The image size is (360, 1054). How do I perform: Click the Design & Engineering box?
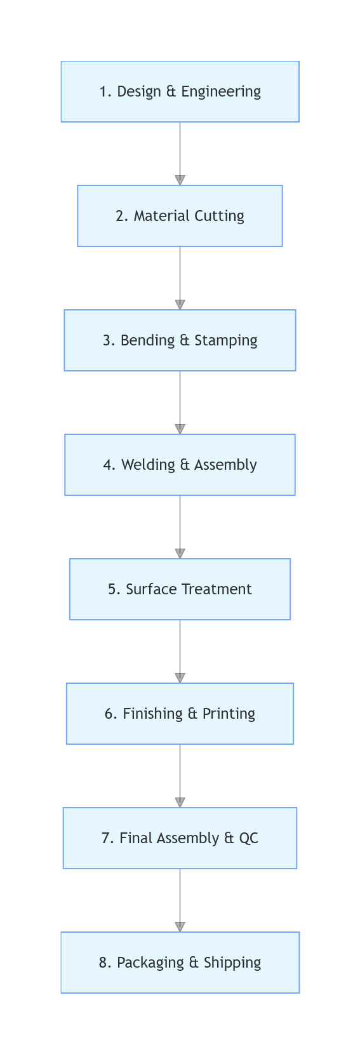180,91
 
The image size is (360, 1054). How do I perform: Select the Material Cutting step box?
180,216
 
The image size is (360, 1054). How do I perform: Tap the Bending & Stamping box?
180,340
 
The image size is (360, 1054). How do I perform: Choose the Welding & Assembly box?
180,465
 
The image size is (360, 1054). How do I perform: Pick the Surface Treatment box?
180,589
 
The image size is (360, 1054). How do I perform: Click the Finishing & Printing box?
180,714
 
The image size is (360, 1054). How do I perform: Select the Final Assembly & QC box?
180,838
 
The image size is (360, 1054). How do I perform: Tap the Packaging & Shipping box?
180,963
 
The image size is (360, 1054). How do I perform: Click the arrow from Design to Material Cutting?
180,153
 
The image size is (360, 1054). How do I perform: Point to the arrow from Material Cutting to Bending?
180,277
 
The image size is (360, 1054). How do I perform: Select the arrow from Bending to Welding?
180,402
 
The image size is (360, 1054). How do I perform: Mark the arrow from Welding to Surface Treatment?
180,526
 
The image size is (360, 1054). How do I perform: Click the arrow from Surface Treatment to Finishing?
180,651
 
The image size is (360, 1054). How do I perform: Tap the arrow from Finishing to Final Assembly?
180,775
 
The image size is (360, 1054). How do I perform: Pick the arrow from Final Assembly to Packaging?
180,900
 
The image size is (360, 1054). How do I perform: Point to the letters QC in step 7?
248,838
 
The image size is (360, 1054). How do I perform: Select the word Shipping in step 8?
233,963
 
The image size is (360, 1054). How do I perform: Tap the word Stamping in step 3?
225,340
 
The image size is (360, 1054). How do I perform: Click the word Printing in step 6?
229,714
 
